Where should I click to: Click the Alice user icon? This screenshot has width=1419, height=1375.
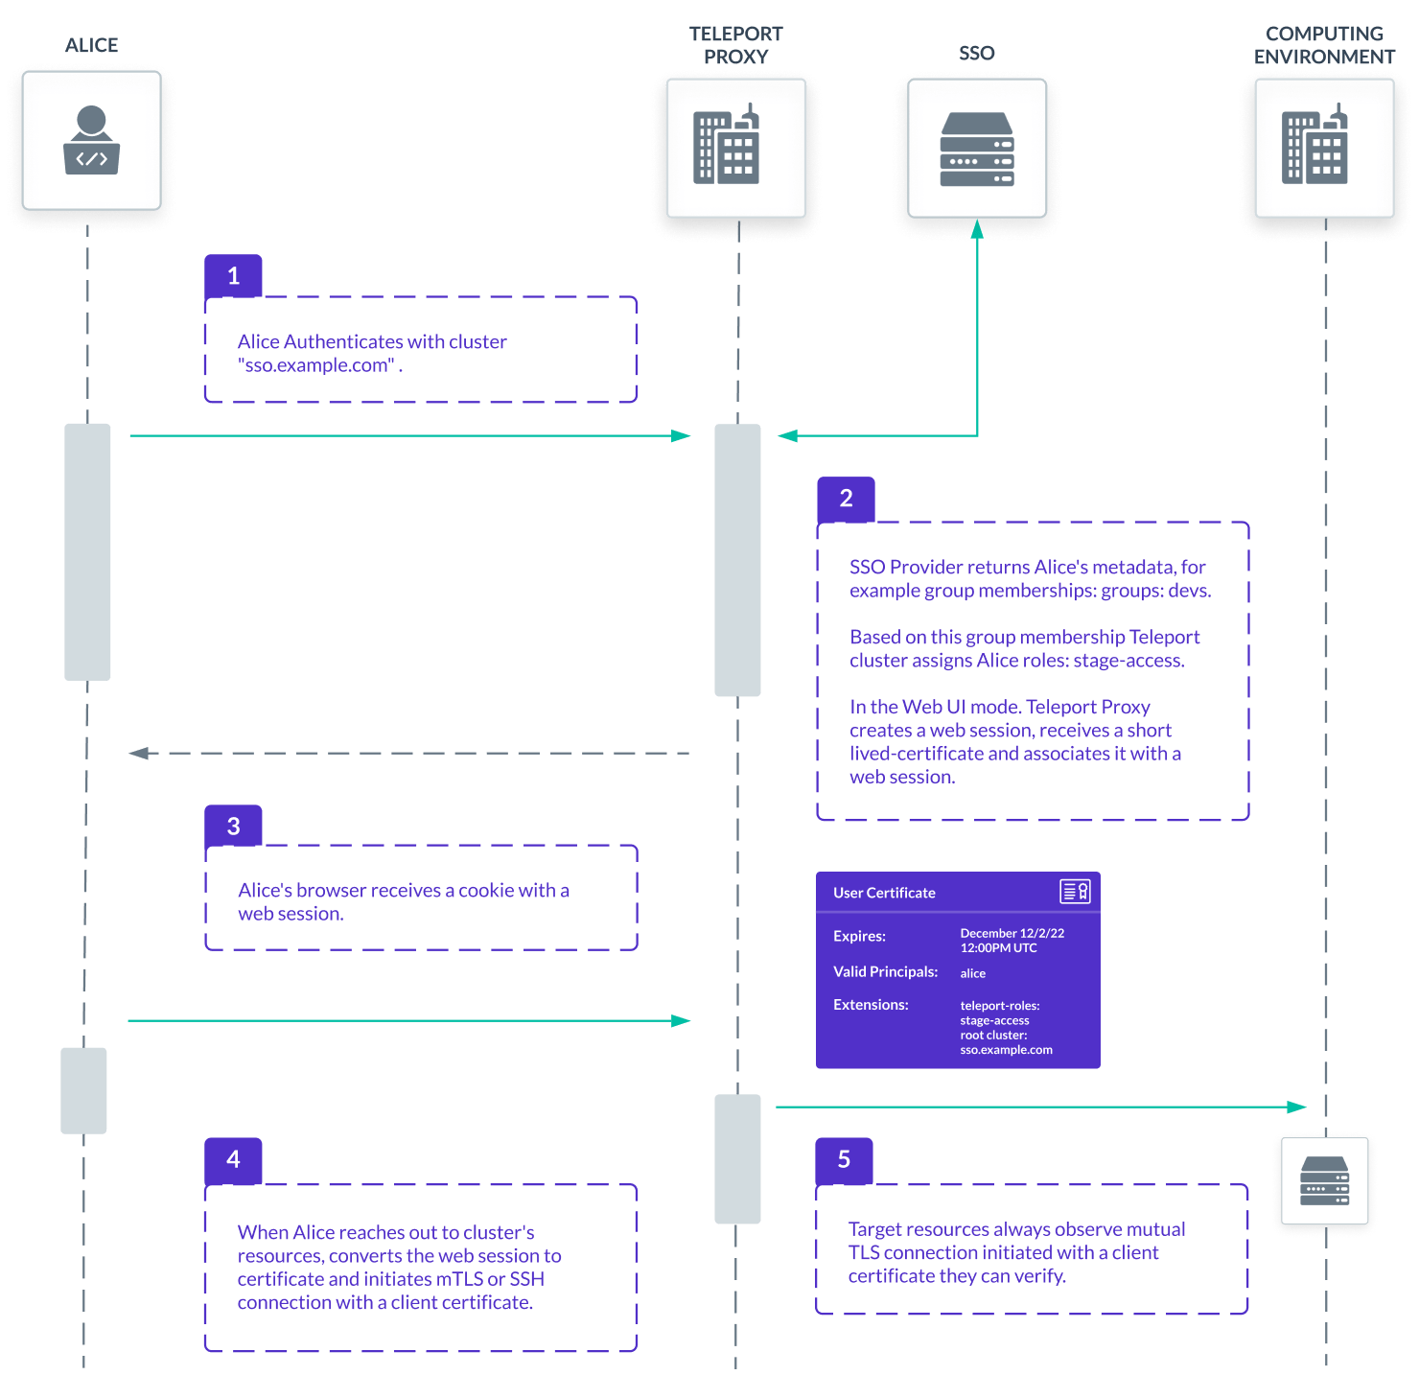tap(91, 140)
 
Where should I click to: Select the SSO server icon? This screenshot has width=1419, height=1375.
tap(977, 149)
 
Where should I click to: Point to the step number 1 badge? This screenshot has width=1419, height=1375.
tap(233, 276)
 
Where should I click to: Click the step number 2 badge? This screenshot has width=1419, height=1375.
tap(846, 499)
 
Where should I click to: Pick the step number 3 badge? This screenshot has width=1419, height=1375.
tap(233, 827)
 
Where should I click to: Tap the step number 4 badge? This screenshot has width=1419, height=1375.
tap(233, 1159)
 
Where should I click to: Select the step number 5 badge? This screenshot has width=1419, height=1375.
tap(844, 1159)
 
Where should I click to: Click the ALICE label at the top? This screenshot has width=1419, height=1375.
tap(92, 45)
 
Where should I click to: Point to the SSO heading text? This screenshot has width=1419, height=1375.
tap(977, 53)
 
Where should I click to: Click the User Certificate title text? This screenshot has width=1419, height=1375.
tap(884, 893)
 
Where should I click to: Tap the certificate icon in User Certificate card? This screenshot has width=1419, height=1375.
tap(1075, 892)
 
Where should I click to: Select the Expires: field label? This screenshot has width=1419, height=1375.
tap(859, 936)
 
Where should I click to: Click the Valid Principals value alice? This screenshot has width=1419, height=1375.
tap(972, 973)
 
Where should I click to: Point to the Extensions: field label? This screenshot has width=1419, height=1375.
tap(871, 1005)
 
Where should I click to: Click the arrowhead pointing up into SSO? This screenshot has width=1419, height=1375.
tap(977, 230)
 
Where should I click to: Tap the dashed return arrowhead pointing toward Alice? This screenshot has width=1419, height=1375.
tap(139, 754)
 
